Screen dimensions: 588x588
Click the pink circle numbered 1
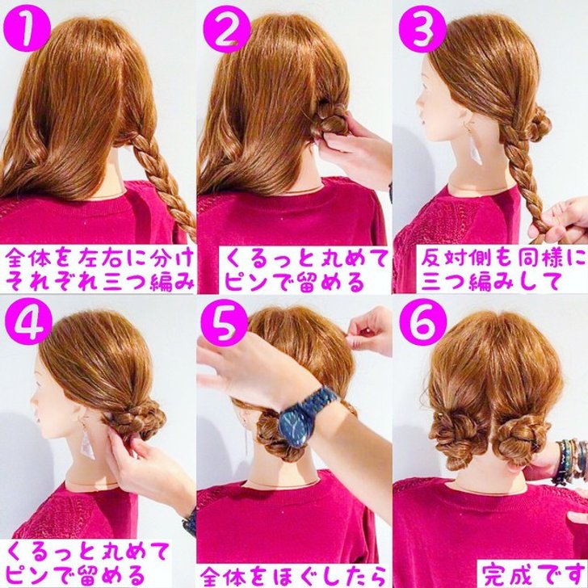(x=26, y=28)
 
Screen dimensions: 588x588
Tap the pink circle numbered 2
(x=226, y=28)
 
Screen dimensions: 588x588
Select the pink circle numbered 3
(x=422, y=28)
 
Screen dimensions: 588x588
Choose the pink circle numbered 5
(x=224, y=321)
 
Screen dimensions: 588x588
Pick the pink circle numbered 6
(x=422, y=321)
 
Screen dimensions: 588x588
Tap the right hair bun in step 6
(x=520, y=436)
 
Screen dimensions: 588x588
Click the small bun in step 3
(x=539, y=124)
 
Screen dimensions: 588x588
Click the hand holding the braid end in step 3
(x=560, y=221)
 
